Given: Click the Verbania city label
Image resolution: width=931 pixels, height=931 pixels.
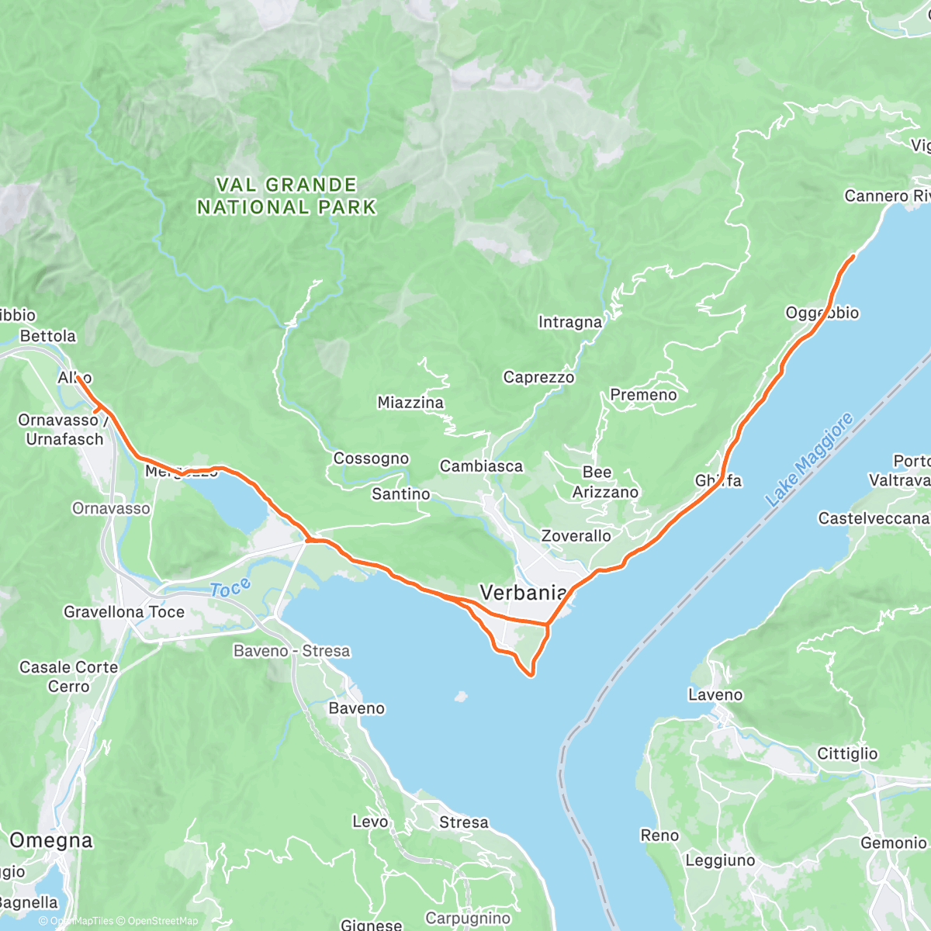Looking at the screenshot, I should (523, 593).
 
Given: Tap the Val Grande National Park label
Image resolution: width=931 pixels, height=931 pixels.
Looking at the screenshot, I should (286, 196).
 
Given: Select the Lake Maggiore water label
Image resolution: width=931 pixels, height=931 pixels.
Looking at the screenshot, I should (809, 461).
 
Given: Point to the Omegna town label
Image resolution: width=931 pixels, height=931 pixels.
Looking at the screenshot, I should (51, 840).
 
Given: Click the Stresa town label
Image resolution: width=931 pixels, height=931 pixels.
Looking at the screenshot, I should (464, 822).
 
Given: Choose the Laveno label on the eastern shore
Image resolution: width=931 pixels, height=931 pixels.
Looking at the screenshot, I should (715, 695).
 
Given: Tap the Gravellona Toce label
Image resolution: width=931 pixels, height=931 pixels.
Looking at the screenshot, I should (124, 612).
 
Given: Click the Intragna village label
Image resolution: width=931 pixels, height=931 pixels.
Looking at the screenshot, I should (570, 322).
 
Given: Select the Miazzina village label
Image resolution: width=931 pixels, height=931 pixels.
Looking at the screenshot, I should (410, 403).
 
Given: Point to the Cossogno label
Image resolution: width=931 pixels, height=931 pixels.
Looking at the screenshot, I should (371, 459).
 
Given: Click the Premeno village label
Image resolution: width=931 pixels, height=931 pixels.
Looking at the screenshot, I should (643, 395).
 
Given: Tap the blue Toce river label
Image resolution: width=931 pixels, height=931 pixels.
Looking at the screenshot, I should (230, 589).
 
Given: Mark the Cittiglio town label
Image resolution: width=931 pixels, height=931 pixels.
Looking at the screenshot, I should (847, 754).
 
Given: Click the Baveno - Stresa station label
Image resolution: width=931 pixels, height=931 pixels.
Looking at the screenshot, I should (292, 651).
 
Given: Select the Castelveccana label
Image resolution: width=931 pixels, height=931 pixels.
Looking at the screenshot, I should (874, 518).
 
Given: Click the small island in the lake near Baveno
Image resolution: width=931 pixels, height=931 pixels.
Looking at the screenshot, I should (462, 696).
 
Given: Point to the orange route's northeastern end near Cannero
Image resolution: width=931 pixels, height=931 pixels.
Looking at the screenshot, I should (853, 256).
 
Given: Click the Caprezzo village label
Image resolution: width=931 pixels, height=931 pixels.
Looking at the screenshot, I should (538, 378).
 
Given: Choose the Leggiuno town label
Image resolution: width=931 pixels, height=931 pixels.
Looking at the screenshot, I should (720, 860).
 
